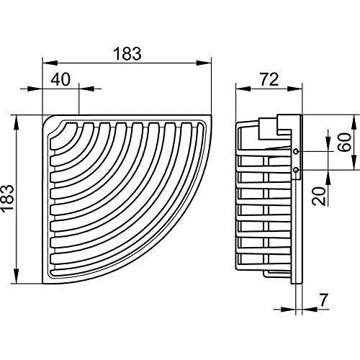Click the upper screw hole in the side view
pyautogui.click(x=296, y=153)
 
